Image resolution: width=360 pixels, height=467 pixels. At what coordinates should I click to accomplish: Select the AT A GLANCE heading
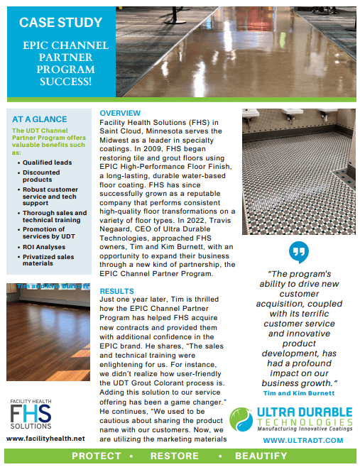[40, 119]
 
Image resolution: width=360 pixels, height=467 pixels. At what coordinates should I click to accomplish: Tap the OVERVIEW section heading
[120, 114]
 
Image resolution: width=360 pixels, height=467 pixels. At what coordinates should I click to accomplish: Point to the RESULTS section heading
[117, 291]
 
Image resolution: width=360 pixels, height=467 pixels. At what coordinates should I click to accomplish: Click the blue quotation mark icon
[299, 252]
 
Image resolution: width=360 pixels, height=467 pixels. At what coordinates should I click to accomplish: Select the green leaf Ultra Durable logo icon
[241, 419]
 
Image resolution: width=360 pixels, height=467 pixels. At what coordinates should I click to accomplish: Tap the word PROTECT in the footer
[97, 456]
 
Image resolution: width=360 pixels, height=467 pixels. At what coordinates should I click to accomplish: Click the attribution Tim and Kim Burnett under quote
[299, 392]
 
